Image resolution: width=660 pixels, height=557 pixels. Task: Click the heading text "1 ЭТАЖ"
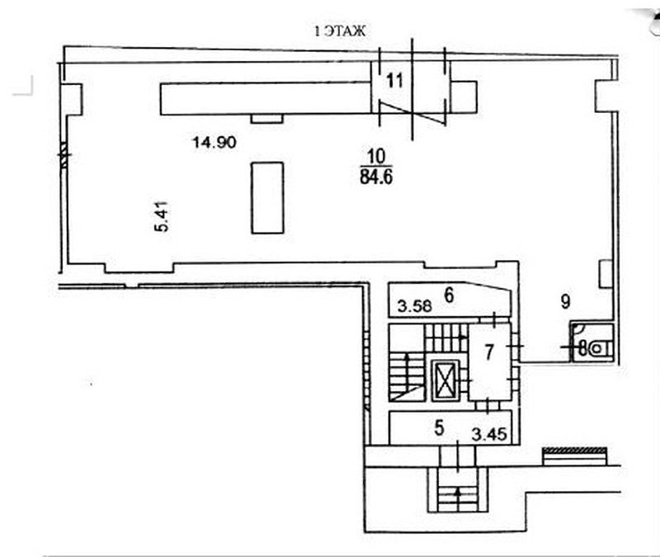click(x=340, y=31)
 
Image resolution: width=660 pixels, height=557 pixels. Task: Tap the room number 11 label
click(x=394, y=80)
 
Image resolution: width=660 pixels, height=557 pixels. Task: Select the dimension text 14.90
click(x=214, y=142)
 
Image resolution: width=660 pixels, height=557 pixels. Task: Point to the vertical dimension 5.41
click(x=162, y=216)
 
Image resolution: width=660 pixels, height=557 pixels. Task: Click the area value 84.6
click(x=376, y=177)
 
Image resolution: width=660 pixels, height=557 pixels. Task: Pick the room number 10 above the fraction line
click(x=376, y=157)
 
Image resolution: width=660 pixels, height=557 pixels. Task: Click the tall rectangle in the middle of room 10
click(x=267, y=198)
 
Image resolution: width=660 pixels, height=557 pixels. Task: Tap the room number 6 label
click(x=449, y=295)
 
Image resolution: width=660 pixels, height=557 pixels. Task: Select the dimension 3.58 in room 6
click(x=415, y=305)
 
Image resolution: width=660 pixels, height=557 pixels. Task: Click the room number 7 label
click(x=488, y=352)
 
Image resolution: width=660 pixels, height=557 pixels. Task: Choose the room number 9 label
click(x=565, y=301)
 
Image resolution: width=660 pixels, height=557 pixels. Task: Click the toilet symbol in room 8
click(x=600, y=348)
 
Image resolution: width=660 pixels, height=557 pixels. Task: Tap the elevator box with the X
click(x=445, y=380)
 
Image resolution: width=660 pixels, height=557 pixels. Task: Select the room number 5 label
click(x=439, y=428)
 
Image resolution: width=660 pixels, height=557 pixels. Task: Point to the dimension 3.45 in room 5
click(x=489, y=434)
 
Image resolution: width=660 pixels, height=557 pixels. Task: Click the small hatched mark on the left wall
click(x=64, y=154)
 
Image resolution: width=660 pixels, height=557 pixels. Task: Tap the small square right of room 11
click(x=463, y=97)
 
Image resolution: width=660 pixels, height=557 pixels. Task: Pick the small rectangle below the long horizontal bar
click(x=266, y=119)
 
